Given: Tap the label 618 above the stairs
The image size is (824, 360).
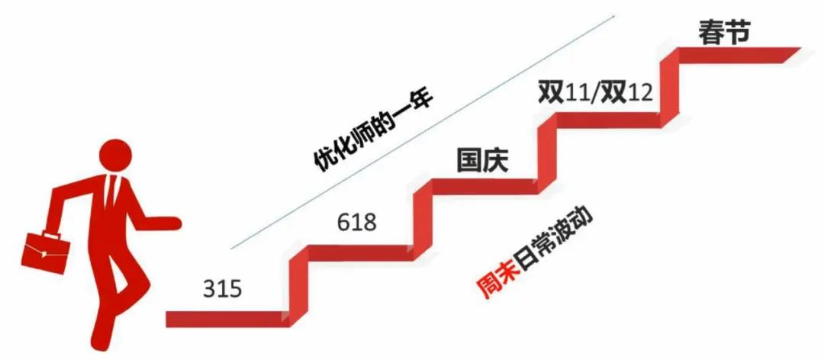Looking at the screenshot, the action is (357, 223).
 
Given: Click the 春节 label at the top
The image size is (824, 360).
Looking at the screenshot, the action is (723, 32).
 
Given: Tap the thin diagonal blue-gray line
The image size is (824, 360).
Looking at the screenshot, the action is (423, 132).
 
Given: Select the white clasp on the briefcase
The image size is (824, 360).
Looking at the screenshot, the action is (43, 254).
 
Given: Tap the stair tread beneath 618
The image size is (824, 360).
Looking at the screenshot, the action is (358, 252).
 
